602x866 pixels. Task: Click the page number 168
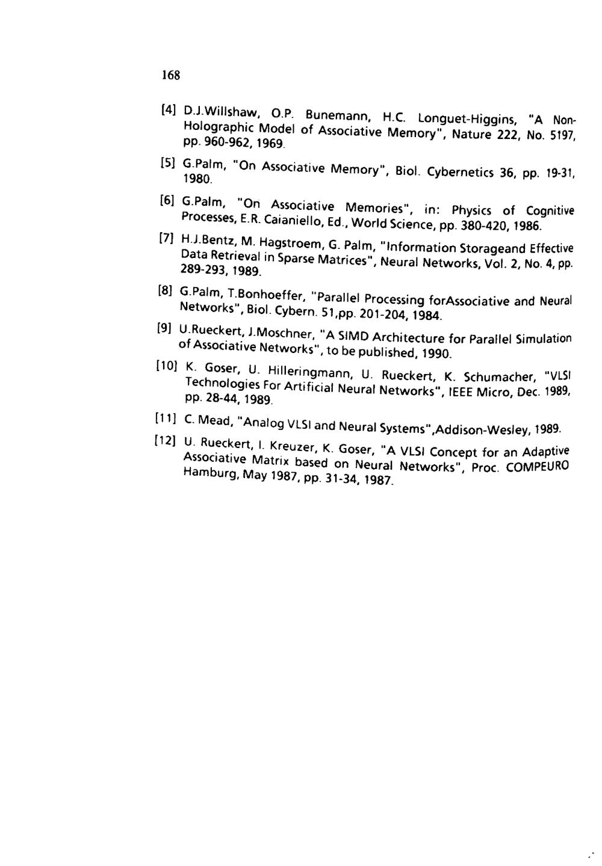point(170,75)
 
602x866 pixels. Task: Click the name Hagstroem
point(288,245)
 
